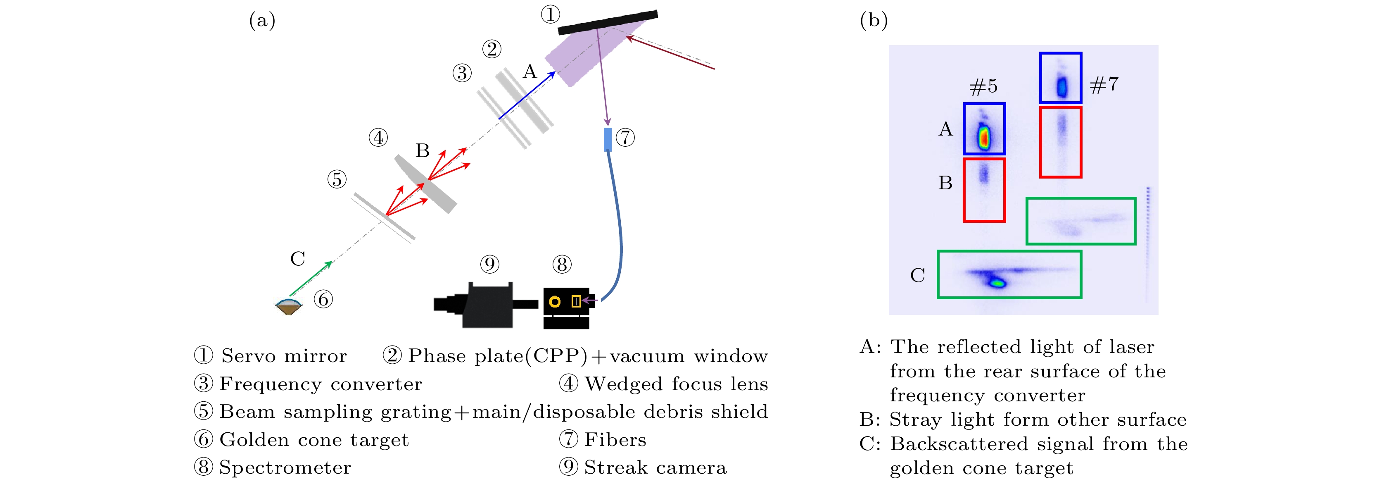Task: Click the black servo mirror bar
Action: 608,23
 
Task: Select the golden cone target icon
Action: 289,306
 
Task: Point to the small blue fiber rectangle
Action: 608,140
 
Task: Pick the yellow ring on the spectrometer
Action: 555,302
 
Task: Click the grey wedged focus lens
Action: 425,184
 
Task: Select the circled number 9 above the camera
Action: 489,264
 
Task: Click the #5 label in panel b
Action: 983,86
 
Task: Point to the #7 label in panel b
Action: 1104,84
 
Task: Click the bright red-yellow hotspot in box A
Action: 983,137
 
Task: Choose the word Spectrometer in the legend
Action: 285,467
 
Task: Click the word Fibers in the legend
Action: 615,439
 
